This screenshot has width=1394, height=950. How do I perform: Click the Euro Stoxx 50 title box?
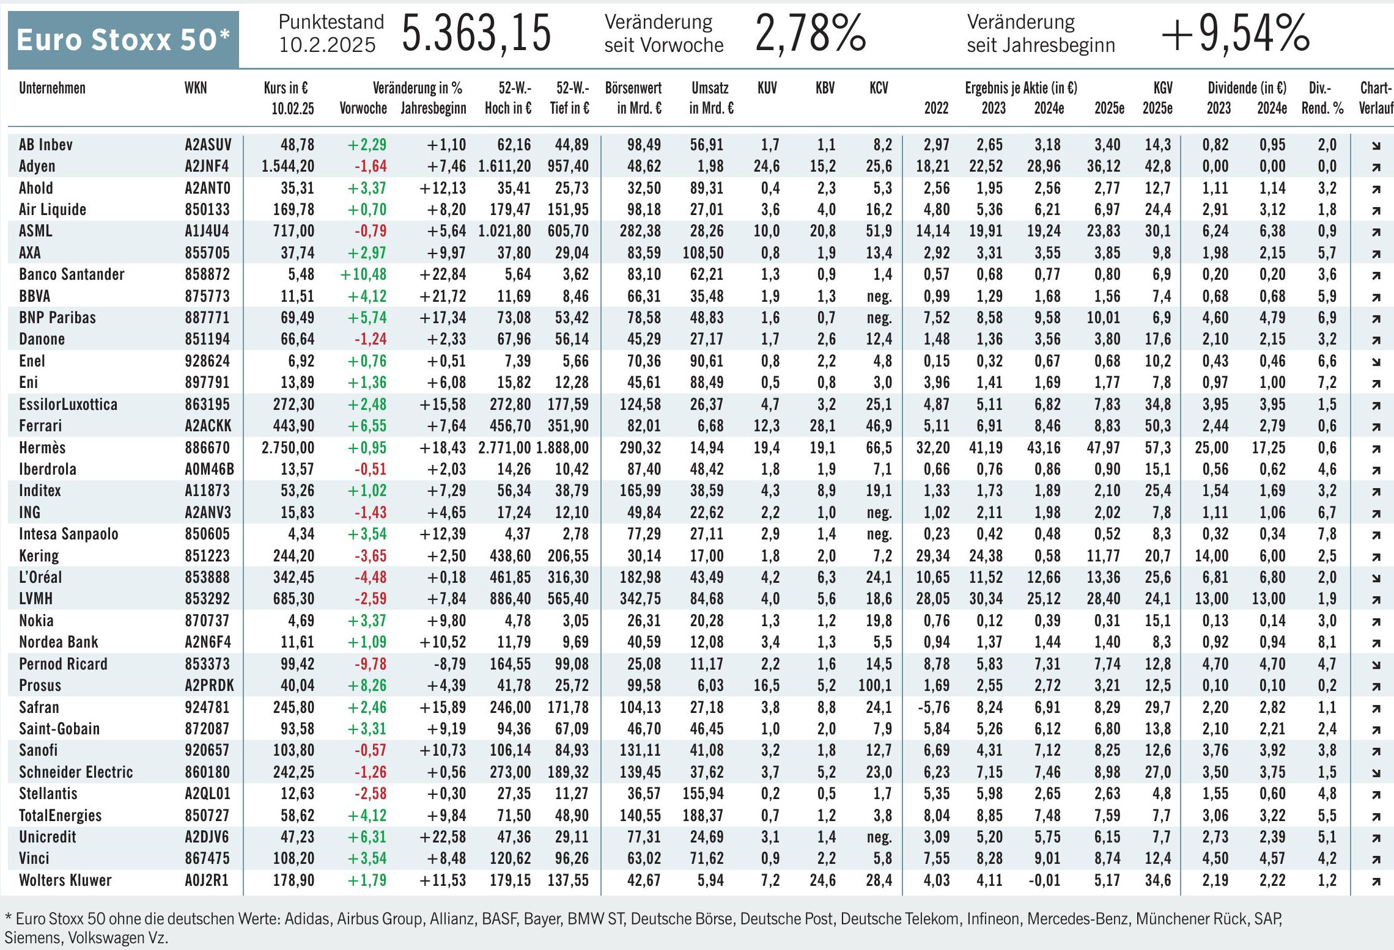point(123,40)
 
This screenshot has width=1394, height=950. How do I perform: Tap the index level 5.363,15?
point(476,34)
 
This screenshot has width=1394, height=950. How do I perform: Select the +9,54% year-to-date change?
point(1235,34)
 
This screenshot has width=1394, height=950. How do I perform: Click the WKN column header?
point(196,88)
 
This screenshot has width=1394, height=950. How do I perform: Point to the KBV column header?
point(825,88)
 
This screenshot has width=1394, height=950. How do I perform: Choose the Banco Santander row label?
point(72,274)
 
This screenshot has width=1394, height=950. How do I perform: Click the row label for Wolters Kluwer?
point(65,880)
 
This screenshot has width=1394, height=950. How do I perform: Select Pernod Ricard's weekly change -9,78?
point(371,664)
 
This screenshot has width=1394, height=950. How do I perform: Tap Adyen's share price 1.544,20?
point(288,166)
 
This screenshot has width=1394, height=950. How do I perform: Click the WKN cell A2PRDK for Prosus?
point(209,685)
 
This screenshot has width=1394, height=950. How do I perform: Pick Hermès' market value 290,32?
point(640,448)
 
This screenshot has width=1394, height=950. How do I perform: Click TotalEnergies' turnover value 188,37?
point(707,816)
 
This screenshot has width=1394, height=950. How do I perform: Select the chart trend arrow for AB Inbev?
point(1376,145)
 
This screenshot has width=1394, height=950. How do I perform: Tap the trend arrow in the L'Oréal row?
point(1376,578)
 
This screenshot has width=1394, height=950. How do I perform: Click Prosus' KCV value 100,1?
point(875,685)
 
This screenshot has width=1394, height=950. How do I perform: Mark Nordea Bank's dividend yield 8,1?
point(1327,643)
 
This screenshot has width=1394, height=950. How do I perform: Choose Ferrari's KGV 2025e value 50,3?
point(1157,426)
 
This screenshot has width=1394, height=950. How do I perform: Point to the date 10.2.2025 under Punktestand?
point(327,45)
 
